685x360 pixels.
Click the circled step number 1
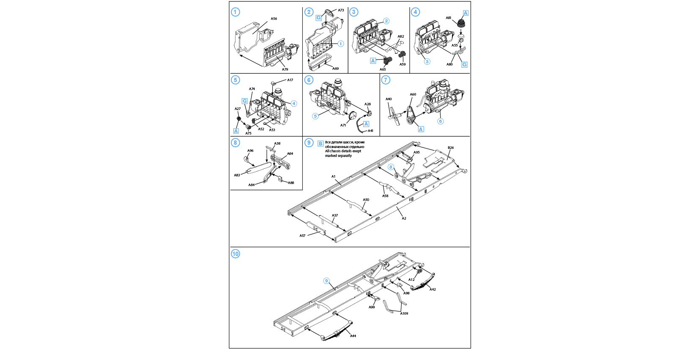click(236, 12)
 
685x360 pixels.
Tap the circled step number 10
click(236, 254)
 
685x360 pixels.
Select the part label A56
click(274, 19)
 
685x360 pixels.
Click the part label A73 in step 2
click(341, 10)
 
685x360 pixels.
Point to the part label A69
click(335, 69)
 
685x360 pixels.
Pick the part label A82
click(401, 36)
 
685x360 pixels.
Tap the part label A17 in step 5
click(290, 80)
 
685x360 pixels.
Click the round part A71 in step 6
click(353, 115)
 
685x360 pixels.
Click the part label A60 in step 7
click(413, 94)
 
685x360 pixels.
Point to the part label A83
click(237, 175)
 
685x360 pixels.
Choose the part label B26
click(451, 148)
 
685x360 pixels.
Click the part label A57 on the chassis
click(302, 236)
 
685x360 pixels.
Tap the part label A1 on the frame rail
click(333, 176)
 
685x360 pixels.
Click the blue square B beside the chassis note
click(321, 144)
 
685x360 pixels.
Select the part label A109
click(404, 313)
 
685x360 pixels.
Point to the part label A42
click(433, 289)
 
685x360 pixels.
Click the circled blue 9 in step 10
click(326, 281)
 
